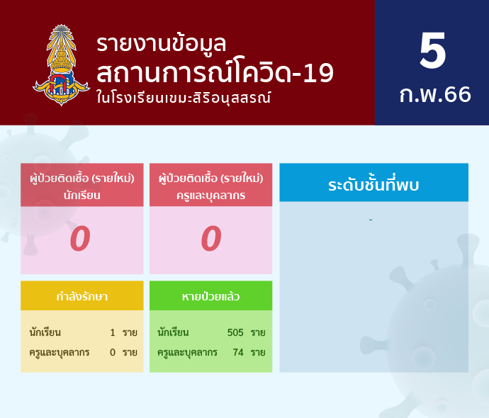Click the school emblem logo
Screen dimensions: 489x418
61,65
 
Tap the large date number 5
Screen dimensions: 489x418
432,50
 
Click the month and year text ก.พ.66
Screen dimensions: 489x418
435,94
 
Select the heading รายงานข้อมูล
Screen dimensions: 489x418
162,44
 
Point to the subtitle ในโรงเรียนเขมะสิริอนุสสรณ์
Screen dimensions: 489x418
184,98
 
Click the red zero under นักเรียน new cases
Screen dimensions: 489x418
80,239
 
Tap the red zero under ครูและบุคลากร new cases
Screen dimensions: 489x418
211,239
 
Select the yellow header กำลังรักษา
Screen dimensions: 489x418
82,296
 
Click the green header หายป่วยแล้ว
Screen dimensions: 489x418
210,296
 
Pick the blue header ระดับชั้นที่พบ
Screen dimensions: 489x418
373,184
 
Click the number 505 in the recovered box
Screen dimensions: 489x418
235,332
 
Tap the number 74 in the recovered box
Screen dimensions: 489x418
238,352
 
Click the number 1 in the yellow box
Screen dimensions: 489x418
113,332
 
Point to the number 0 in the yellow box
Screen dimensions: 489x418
113,352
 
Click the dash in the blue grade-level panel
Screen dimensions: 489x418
371,220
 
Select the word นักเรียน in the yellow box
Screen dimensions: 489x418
45,332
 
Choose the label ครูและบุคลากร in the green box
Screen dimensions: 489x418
187,353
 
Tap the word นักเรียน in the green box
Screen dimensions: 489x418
173,332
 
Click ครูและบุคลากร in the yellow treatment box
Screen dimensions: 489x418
60,353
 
